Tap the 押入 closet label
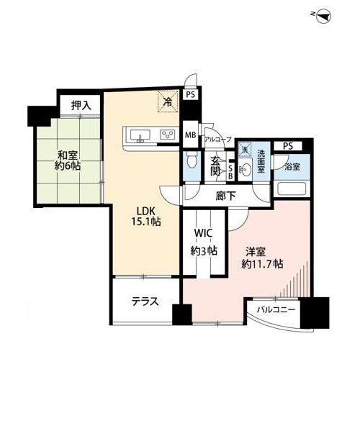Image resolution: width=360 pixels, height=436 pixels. pos(81,105)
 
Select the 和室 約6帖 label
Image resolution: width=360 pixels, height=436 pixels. pos(68,160)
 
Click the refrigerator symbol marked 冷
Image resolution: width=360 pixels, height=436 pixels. pos(168,102)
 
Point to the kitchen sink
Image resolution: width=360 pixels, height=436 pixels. pos(140,135)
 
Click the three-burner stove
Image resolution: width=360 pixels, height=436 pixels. pos(168,135)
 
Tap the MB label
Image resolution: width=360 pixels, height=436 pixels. pos(191,135)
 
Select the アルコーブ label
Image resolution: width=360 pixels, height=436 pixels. pos(217,139)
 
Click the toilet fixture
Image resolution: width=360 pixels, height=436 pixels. pos(192,160)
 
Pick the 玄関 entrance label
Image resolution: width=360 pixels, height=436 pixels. pos(215,167)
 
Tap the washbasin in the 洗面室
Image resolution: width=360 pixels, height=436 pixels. pos(245,168)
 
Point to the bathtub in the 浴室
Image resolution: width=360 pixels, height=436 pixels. pos(292,189)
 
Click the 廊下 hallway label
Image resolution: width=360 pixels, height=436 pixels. pos(226,196)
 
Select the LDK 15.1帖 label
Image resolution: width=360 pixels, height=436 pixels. pos(145,217)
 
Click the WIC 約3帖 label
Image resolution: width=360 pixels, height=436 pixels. pos(203,242)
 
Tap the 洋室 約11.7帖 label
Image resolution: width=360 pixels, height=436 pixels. pos(262,258)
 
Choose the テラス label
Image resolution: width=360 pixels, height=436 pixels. pos(145,301)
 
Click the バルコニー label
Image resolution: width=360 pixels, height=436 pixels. pos(276,309)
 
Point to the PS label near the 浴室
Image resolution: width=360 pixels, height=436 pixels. pos(288,146)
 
